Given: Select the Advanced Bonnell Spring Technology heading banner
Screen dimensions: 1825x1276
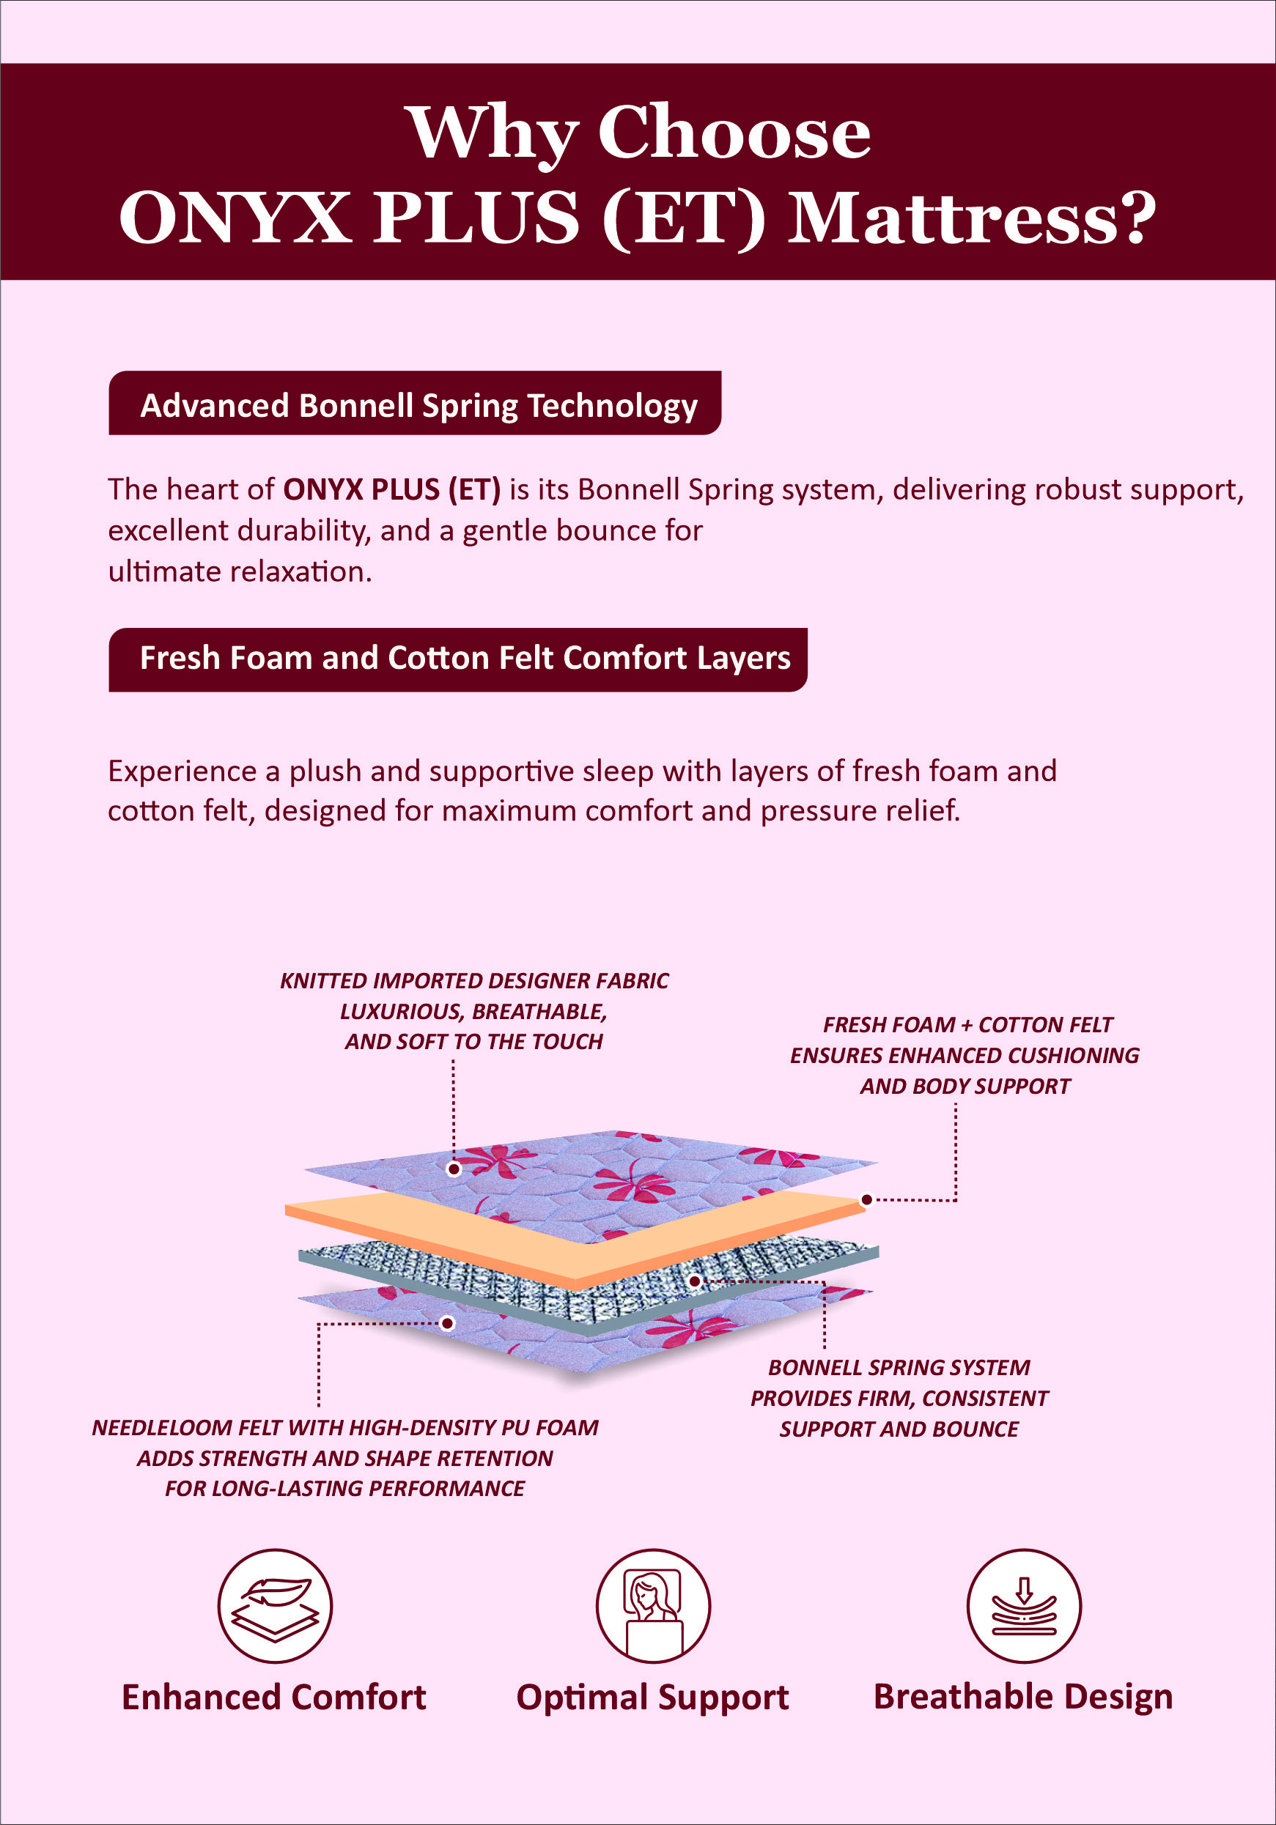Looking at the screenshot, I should click(x=415, y=403).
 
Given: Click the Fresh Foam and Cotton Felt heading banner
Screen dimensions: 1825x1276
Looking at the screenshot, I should click(x=458, y=659).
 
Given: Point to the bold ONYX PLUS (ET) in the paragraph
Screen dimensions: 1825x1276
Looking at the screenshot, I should click(x=392, y=489).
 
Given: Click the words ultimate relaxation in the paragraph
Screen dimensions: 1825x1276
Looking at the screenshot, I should click(x=240, y=571).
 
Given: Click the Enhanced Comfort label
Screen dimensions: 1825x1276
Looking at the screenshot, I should click(x=273, y=1697).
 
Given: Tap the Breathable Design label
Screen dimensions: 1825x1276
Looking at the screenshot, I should click(x=1023, y=1697).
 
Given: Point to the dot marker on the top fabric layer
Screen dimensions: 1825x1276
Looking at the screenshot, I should click(x=454, y=1169).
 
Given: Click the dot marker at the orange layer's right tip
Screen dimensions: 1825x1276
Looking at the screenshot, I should click(x=866, y=1199).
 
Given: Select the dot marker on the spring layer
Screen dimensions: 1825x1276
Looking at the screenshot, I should click(x=694, y=1281).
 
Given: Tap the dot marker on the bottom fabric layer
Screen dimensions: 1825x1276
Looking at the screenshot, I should click(x=448, y=1322).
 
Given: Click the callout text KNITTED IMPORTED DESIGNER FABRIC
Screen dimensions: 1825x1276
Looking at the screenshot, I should click(x=474, y=981).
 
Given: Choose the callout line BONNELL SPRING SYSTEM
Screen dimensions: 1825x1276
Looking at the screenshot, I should click(x=899, y=1367).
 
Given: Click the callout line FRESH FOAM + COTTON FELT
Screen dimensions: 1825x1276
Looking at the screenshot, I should click(x=967, y=1024).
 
